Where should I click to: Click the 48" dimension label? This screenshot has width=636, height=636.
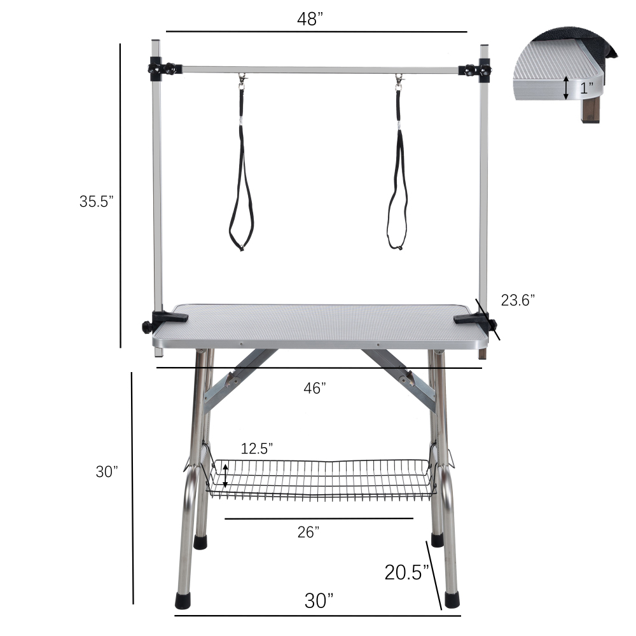[311, 19]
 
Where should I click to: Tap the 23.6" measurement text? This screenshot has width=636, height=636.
[518, 300]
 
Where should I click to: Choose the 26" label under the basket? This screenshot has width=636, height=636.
[308, 532]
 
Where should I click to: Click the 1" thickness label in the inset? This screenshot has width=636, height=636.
[586, 88]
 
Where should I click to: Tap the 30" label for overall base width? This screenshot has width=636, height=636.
[318, 600]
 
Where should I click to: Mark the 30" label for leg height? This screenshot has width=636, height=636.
[107, 472]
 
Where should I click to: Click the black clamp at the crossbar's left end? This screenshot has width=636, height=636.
[160, 69]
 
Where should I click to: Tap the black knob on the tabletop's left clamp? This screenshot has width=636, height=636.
[148, 326]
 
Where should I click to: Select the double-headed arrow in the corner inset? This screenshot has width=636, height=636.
[566, 88]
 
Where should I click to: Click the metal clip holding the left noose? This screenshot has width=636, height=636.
[242, 80]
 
